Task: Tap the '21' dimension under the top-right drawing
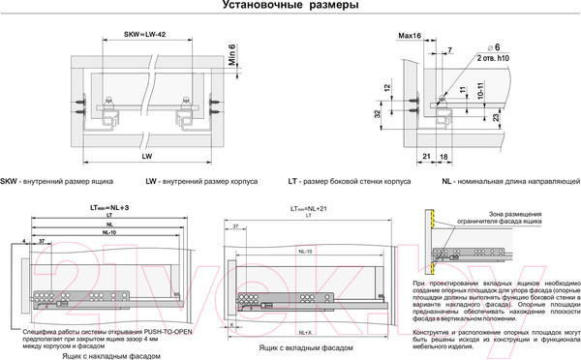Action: (426, 155)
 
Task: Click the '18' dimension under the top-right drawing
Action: (443, 155)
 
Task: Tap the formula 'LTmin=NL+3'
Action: (115, 208)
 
